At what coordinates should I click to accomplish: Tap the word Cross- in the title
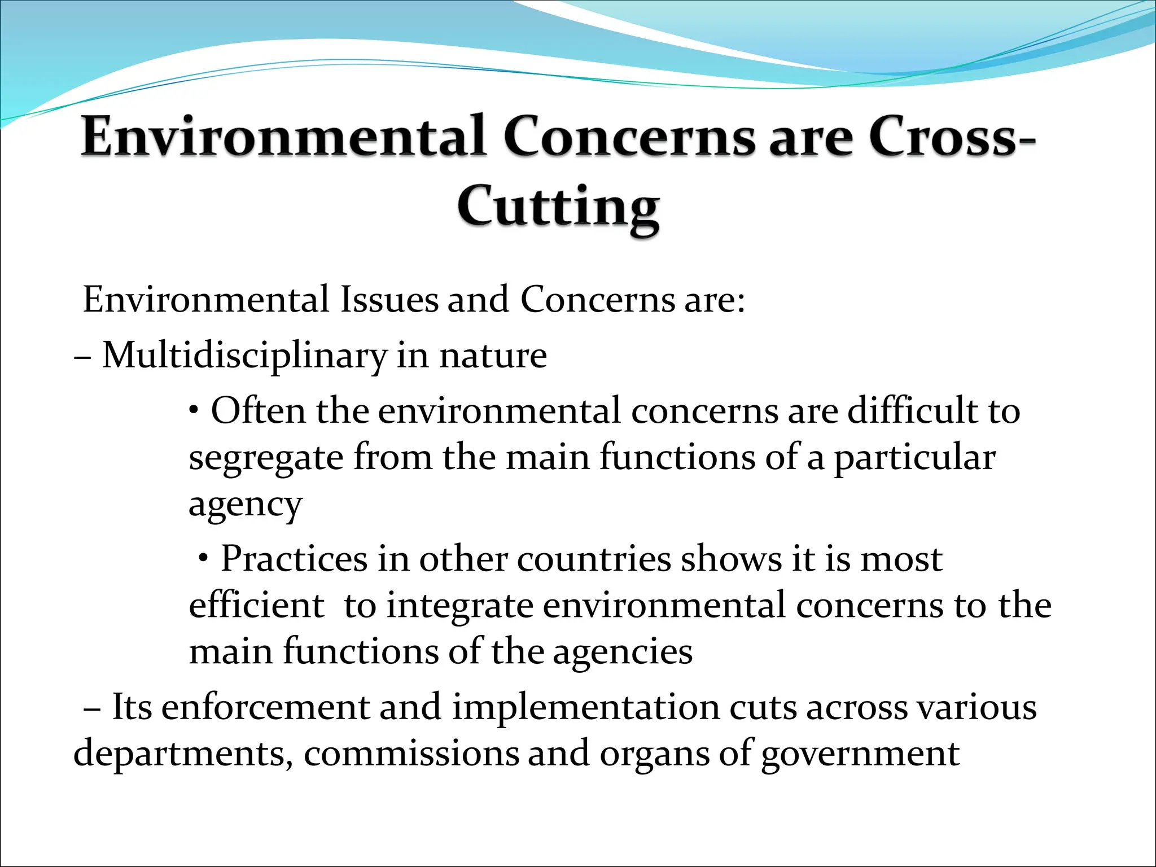952,137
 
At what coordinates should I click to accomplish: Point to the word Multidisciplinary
244,356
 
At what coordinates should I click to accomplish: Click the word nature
493,356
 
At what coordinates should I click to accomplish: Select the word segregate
266,458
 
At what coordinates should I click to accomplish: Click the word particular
914,458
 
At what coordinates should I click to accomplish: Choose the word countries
593,559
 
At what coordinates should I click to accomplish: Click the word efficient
257,605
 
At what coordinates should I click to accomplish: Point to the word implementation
585,708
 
